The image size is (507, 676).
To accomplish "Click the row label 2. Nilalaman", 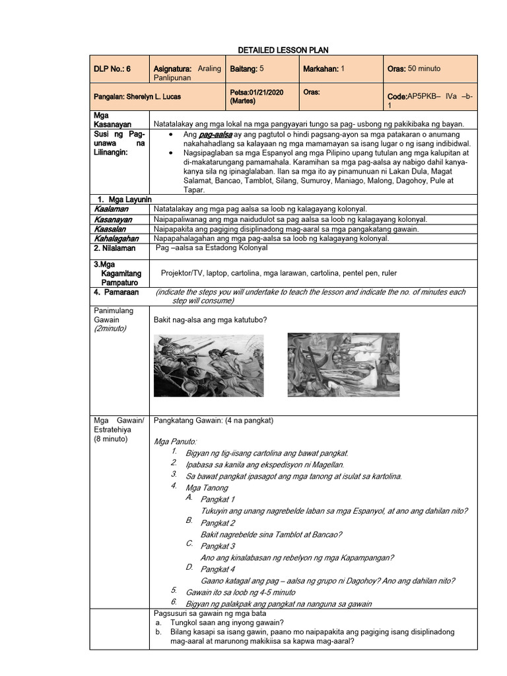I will tap(114, 248).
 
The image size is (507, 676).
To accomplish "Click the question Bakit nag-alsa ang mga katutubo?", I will tap(210, 320).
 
